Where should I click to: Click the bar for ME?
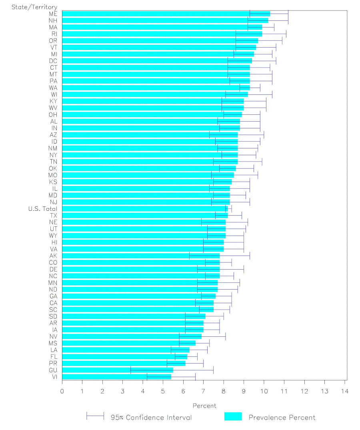click(166, 14)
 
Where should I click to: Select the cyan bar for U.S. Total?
click(144, 208)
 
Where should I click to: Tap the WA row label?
click(53, 88)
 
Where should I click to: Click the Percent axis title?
click(204, 406)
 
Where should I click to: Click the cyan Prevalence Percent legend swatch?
click(233, 417)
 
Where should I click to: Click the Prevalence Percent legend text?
click(282, 418)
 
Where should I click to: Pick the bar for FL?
click(124, 356)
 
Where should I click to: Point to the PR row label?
click(53, 363)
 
